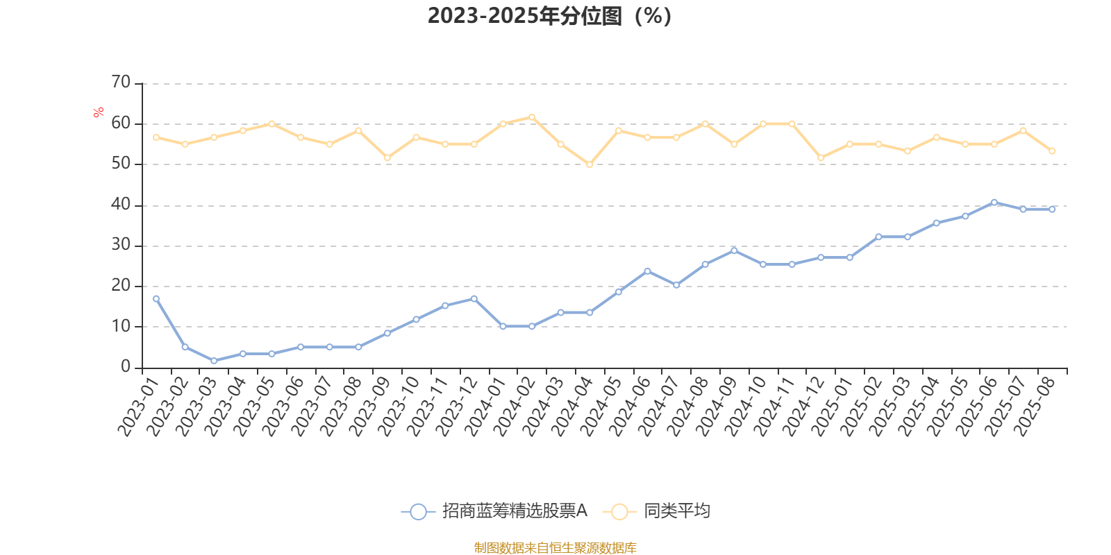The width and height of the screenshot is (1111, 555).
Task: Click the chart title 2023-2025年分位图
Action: pyautogui.click(x=549, y=16)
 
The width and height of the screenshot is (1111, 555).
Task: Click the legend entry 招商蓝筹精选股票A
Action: pyautogui.click(x=494, y=512)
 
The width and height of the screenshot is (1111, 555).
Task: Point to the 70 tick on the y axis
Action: pyautogui.click(x=121, y=83)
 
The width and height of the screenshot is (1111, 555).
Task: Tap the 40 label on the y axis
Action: pyautogui.click(x=121, y=205)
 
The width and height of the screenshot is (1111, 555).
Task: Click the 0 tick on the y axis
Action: pyautogui.click(x=126, y=367)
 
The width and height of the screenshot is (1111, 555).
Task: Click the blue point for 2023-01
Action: pyautogui.click(x=156, y=299)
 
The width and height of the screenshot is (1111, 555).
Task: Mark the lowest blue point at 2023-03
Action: pyautogui.click(x=214, y=361)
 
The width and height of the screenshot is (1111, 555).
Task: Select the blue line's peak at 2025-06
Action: pyautogui.click(x=994, y=203)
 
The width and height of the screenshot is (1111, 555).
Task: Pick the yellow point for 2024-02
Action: pyautogui.click(x=532, y=117)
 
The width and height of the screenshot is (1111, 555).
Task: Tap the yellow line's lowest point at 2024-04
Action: pyautogui.click(x=590, y=164)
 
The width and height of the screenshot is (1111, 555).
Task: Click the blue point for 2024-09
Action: pyautogui.click(x=734, y=250)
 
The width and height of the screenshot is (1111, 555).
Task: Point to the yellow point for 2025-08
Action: pyautogui.click(x=1052, y=151)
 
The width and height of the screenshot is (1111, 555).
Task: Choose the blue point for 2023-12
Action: pyautogui.click(x=474, y=299)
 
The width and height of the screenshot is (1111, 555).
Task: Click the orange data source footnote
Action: pyautogui.click(x=555, y=548)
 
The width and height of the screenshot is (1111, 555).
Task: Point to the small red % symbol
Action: pyautogui.click(x=99, y=112)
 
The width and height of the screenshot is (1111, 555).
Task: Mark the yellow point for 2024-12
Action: pyautogui.click(x=821, y=158)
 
